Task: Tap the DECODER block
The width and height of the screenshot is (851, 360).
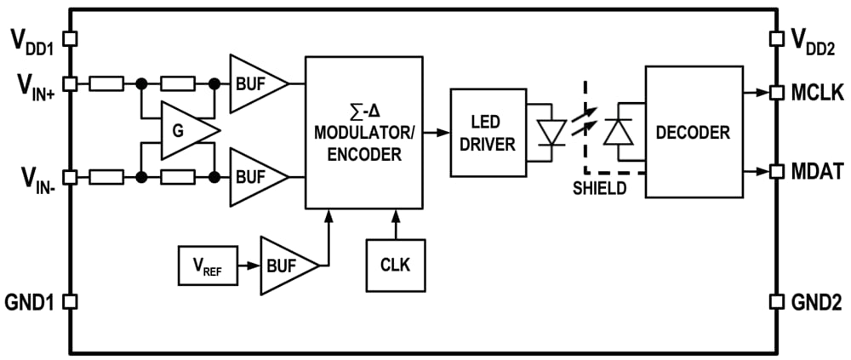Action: (694, 132)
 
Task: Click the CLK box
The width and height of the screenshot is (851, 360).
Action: (395, 265)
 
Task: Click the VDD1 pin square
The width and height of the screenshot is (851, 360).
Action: (71, 38)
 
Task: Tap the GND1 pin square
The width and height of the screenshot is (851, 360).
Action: (71, 301)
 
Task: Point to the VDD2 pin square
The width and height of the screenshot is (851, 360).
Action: (776, 38)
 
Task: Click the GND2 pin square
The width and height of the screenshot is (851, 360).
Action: (776, 301)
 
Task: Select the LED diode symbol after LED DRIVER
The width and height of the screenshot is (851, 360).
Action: (552, 132)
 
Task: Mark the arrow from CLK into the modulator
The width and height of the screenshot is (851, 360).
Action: (395, 223)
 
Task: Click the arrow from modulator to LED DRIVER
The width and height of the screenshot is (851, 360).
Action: (436, 132)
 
